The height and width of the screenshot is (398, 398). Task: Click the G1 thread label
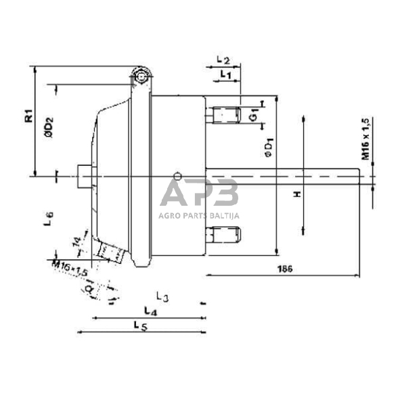253,115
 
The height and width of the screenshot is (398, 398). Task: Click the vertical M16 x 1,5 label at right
365,139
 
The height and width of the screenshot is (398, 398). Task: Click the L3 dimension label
161,296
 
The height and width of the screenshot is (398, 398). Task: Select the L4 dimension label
150,310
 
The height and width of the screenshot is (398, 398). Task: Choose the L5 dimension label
140,326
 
